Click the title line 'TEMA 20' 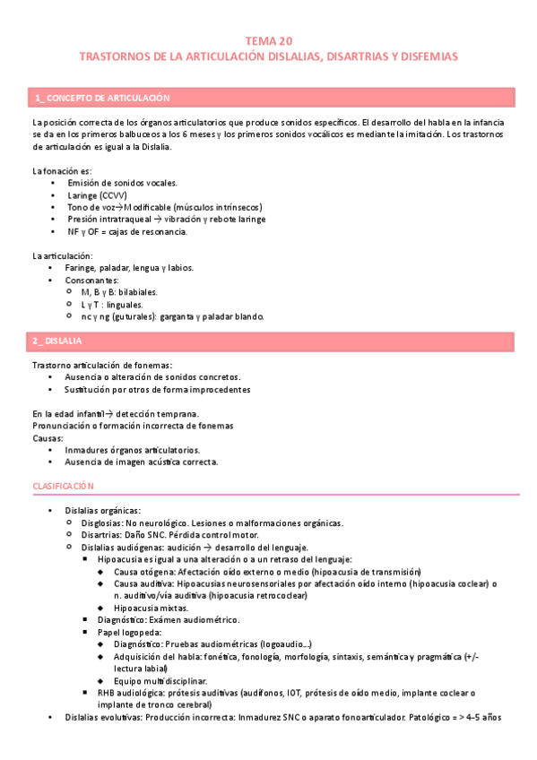(268, 40)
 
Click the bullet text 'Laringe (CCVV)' (97, 194)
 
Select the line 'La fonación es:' (61, 170)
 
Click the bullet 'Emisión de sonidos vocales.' (122, 183)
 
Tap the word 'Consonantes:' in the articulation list (92, 280)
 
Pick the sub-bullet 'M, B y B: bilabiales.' (119, 292)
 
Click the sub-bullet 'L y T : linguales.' (112, 305)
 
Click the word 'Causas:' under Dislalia (48, 438)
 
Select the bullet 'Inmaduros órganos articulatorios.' (133, 450)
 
